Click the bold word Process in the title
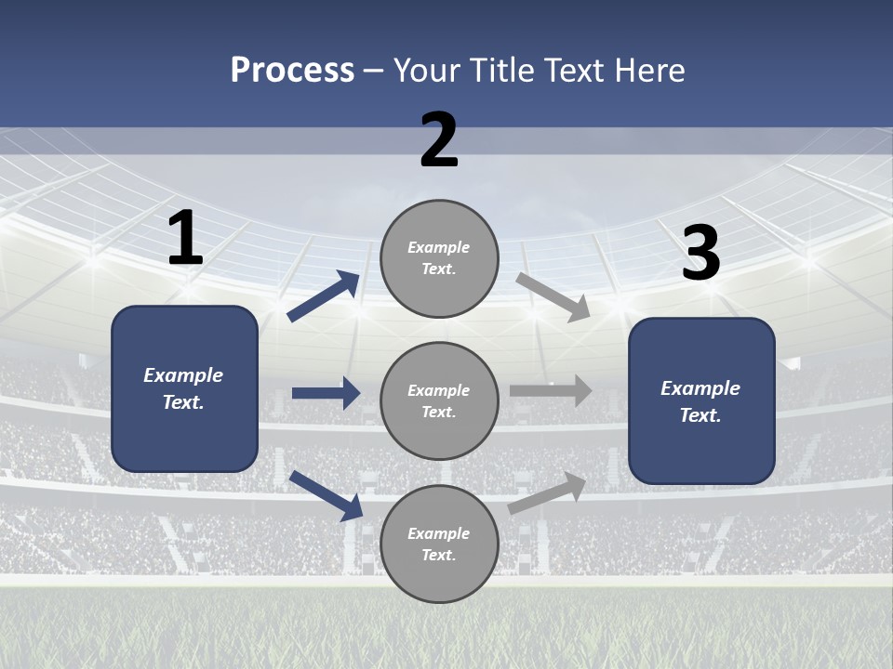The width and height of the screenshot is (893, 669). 292,70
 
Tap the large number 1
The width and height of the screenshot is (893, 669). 185,239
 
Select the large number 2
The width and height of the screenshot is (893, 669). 439,140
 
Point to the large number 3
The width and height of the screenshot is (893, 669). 700,254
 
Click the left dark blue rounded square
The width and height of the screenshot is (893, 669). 184,388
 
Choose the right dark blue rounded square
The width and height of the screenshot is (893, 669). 701,401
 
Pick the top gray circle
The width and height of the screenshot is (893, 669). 439,258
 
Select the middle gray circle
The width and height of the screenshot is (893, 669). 439,401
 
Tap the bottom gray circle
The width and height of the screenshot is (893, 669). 439,544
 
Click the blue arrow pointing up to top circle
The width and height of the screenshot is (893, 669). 324,296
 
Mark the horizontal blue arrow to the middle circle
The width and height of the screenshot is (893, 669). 326,394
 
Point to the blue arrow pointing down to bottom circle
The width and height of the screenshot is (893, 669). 326,495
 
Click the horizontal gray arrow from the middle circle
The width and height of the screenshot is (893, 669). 551,391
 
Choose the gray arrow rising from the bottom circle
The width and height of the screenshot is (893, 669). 548,492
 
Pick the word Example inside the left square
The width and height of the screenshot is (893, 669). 183,375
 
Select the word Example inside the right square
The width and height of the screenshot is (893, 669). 700,388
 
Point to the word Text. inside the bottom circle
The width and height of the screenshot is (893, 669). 439,556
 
